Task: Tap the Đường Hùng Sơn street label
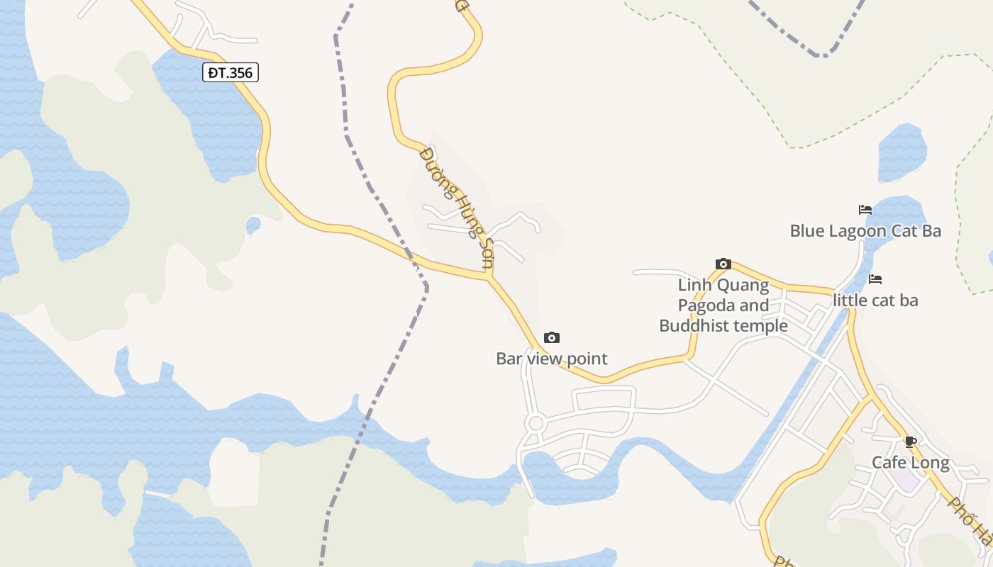pos(456,206)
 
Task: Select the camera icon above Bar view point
pos(552,337)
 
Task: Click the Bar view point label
pos(552,359)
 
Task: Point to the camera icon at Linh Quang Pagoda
pos(723,264)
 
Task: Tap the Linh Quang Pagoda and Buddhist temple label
pos(723,305)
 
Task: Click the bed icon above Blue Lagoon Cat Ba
pos(865,210)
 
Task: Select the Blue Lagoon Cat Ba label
pos(865,231)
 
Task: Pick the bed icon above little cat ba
pos(875,279)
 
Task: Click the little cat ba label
pos(875,301)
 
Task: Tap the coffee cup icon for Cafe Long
pos(911,442)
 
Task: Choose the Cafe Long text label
pos(911,463)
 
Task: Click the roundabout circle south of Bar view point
pos(536,424)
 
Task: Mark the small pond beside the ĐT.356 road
pos(253,225)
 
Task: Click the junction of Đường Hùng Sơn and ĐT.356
pos(489,277)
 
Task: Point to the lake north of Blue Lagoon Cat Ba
pos(902,151)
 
